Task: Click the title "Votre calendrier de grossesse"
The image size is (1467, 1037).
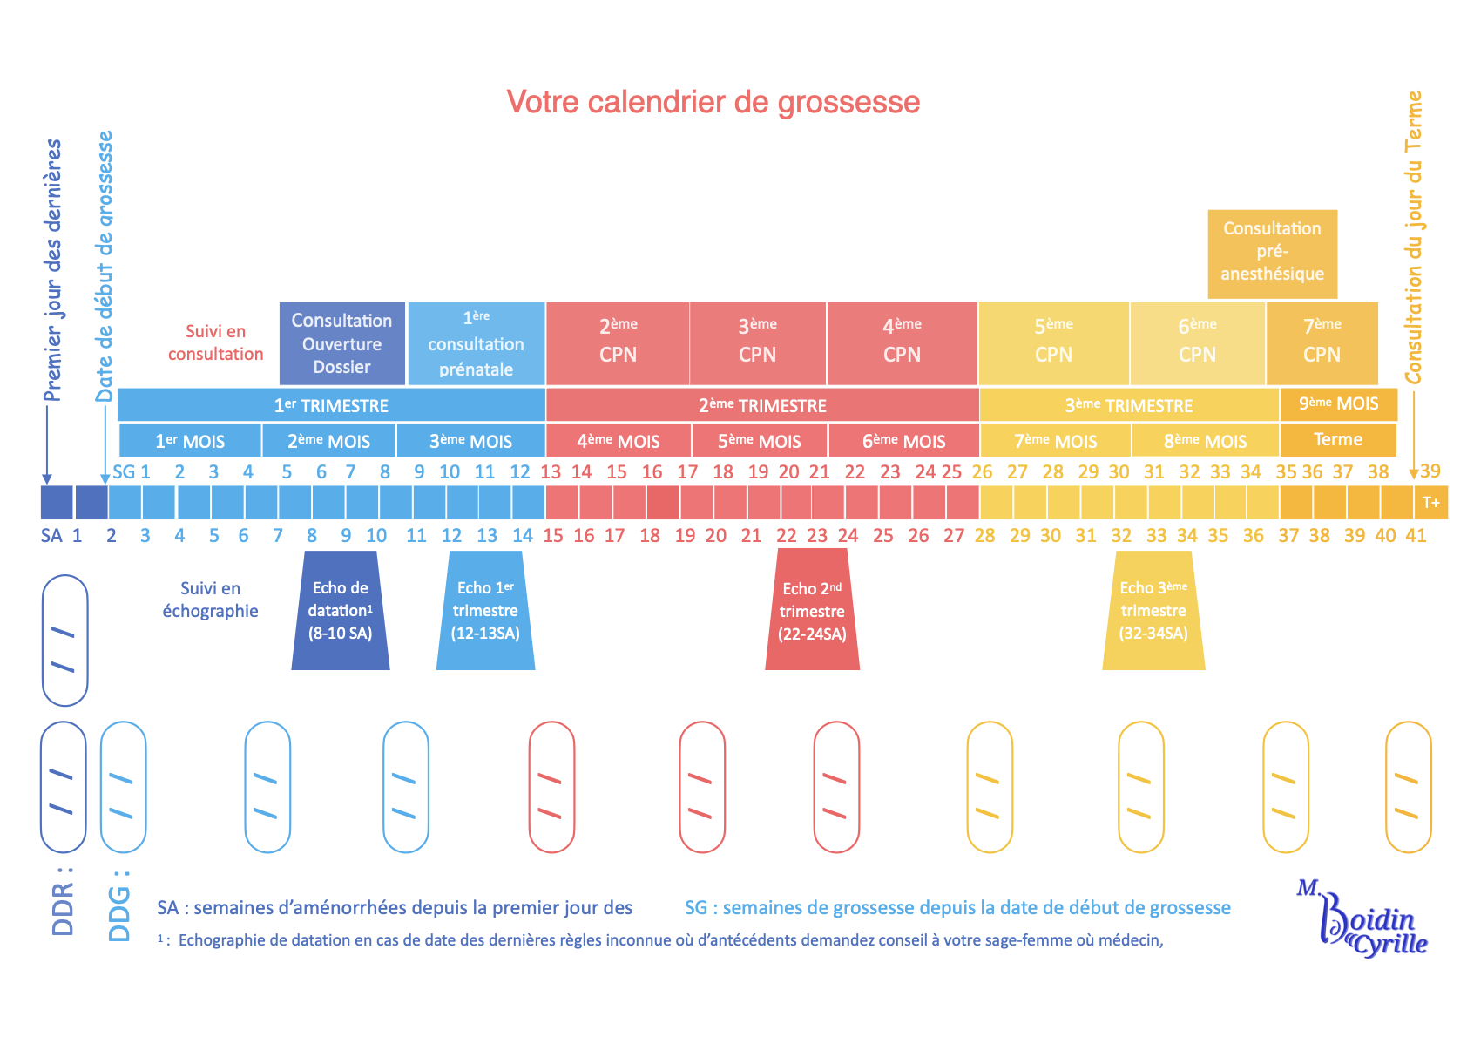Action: click(x=713, y=102)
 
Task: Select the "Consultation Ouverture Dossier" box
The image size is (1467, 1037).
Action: click(x=341, y=343)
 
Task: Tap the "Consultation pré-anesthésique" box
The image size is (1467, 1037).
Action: click(x=1272, y=253)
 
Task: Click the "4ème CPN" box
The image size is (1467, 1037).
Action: click(x=902, y=343)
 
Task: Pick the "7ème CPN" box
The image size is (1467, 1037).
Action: click(x=1322, y=343)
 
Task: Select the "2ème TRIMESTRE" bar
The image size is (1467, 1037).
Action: click(x=762, y=405)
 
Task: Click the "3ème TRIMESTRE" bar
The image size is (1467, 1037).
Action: click(x=1128, y=405)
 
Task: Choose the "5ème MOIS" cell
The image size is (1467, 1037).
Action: click(x=759, y=441)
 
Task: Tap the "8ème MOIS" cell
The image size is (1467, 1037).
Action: click(x=1205, y=441)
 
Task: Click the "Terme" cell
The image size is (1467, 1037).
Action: click(x=1337, y=440)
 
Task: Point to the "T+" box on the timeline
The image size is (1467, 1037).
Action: click(x=1430, y=503)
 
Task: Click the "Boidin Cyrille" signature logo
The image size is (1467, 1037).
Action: click(x=1364, y=922)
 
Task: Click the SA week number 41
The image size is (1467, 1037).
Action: click(x=1416, y=535)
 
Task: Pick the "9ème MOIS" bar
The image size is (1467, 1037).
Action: click(x=1338, y=404)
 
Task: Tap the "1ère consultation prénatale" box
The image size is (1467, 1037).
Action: click(x=476, y=343)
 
